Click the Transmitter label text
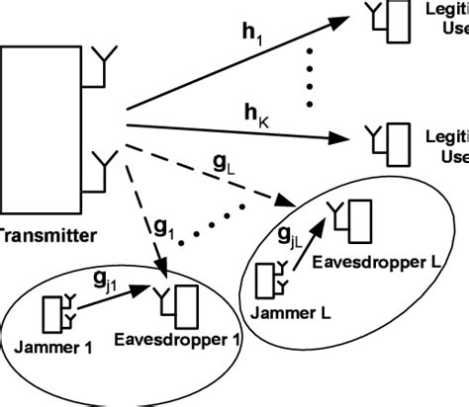[x=46, y=235]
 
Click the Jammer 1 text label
[x=52, y=347]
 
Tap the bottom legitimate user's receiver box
[x=397, y=139]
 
